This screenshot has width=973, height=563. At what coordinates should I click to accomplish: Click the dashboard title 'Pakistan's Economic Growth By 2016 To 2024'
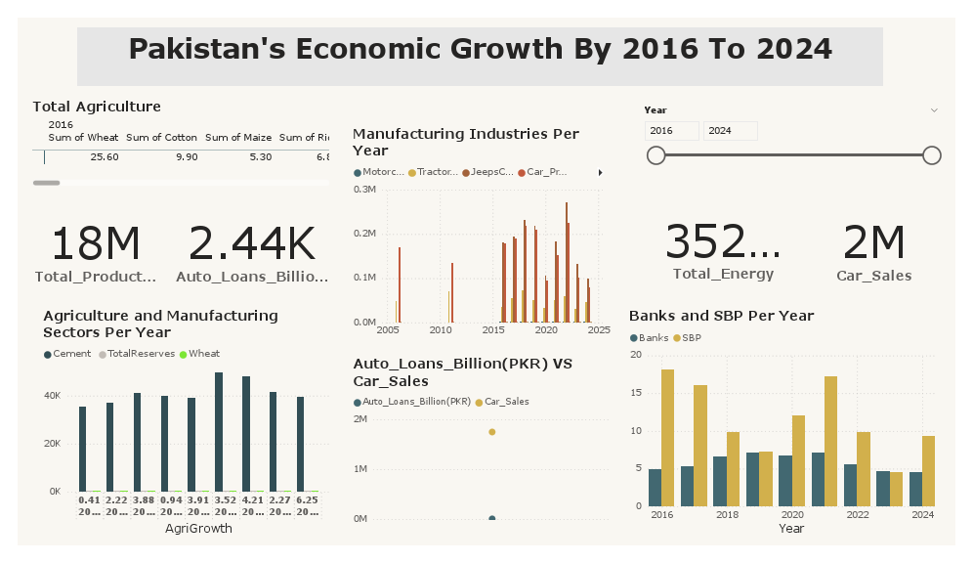point(480,49)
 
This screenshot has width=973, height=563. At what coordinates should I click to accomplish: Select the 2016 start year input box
point(671,131)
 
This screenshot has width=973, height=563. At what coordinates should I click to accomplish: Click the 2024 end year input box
point(729,131)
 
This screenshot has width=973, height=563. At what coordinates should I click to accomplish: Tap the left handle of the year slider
point(656,155)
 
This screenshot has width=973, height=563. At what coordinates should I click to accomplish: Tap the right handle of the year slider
point(931,155)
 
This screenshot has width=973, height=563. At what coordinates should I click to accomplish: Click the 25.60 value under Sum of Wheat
point(105,156)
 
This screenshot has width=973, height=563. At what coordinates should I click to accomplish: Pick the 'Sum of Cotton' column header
point(161,138)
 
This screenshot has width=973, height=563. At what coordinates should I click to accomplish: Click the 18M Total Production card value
point(95,244)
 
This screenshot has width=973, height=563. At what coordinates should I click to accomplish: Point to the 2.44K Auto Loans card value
point(252,244)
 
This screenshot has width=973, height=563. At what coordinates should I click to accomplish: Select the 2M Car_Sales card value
point(873,243)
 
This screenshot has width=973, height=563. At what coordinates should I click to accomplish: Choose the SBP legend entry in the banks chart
point(691,337)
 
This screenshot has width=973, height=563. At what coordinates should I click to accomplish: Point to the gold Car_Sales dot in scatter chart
point(491,432)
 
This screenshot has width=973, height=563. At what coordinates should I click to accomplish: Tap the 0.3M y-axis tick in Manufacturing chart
point(365,190)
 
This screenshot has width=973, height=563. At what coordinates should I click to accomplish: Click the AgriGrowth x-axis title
point(198,529)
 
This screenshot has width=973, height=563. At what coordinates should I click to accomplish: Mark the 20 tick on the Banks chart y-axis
point(635,355)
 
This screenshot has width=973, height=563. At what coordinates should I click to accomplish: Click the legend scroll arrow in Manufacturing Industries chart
point(599,172)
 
